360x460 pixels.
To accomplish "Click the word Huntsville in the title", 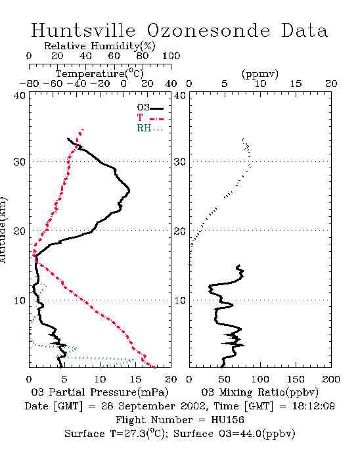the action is (83, 30).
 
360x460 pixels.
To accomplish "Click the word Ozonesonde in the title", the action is (208, 30).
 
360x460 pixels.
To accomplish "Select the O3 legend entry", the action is (150, 108).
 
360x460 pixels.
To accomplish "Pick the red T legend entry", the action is (150, 118).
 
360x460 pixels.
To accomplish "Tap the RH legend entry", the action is (150, 128).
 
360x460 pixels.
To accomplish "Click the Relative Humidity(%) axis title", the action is (100, 46).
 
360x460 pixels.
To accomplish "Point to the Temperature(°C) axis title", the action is (100, 74).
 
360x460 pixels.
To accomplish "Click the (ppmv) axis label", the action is (260, 74).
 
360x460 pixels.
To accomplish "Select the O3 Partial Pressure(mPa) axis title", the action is (100, 392).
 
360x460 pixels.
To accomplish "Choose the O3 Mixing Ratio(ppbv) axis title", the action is (259, 392).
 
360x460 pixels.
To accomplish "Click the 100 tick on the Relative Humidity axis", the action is (171, 55).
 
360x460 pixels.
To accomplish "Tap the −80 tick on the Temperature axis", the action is (30, 83).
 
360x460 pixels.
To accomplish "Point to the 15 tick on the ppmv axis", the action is (296, 83).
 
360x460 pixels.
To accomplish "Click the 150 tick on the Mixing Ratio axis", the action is (296, 379).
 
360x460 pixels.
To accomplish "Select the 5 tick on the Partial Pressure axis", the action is (64, 379).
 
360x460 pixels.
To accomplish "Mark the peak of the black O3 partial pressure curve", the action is (129, 191).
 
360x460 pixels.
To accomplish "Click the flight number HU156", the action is (227, 420).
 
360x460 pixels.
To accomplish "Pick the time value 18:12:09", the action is (313, 406).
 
